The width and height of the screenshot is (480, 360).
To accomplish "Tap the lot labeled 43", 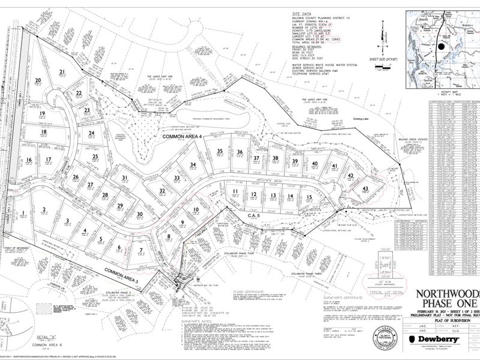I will click(x=365, y=189).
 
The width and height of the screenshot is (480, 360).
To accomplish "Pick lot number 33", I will click(x=177, y=178).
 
